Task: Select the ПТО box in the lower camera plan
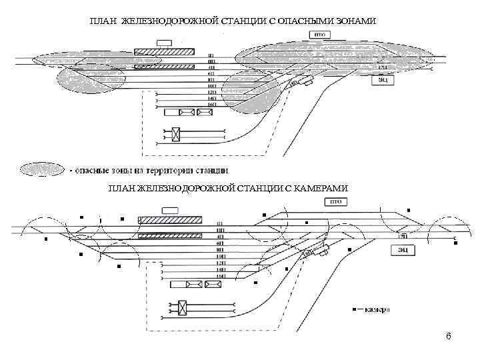[335, 201]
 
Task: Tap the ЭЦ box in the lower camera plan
[403, 250]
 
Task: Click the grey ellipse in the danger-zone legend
[41, 169]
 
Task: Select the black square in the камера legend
[354, 309]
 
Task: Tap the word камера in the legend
[377, 309]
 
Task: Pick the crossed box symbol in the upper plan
[175, 134]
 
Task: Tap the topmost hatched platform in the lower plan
[169, 220]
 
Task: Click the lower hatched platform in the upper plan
[164, 66]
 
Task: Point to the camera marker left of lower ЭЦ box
[349, 249]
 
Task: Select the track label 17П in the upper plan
[382, 68]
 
